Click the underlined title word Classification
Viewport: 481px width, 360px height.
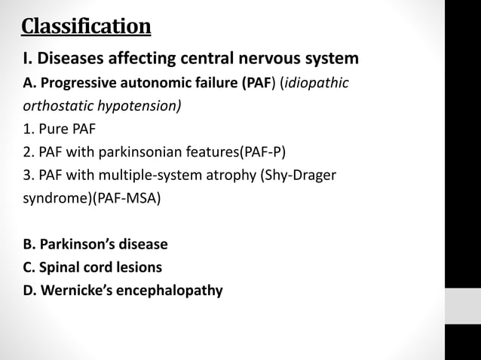click(x=86, y=27)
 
